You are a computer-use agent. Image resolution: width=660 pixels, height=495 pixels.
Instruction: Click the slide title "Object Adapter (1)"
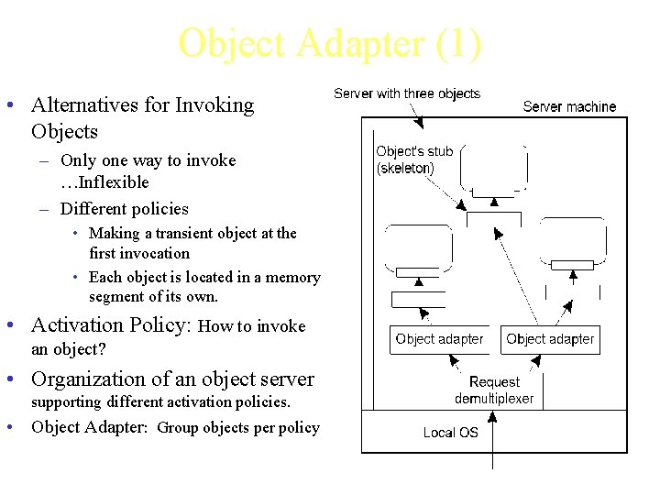pyautogui.click(x=329, y=44)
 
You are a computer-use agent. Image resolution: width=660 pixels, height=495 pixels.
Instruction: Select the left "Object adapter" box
pyautogui.click(x=439, y=339)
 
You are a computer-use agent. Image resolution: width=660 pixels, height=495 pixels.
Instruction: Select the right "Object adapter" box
pyautogui.click(x=550, y=339)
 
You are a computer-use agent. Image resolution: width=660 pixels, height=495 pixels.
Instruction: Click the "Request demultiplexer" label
pyautogui.click(x=494, y=390)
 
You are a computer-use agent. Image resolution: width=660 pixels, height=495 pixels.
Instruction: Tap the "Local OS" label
pyautogui.click(x=450, y=433)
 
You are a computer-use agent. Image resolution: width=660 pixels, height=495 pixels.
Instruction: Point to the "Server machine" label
pyautogui.click(x=569, y=106)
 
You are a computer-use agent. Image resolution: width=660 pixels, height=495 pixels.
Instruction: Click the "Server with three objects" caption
pyautogui.click(x=407, y=93)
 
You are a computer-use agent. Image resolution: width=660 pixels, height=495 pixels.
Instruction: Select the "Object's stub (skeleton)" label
pyautogui.click(x=414, y=159)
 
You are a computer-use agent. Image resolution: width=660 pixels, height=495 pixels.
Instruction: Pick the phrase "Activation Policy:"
pyautogui.click(x=111, y=325)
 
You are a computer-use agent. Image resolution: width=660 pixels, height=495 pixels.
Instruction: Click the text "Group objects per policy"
pyautogui.click(x=238, y=428)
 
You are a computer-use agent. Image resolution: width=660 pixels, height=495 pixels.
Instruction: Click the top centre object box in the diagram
pyautogui.click(x=493, y=168)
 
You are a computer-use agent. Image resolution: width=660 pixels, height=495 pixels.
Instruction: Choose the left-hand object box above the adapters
pyautogui.click(x=418, y=247)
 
